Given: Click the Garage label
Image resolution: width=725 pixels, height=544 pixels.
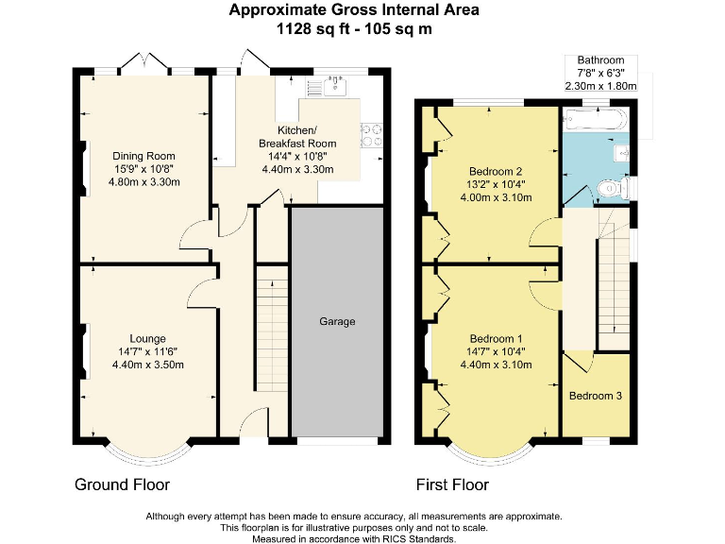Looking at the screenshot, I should tap(337, 322).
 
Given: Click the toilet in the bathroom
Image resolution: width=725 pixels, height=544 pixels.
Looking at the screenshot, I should tap(613, 190).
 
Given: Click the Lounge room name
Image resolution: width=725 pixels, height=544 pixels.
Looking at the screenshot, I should tap(148, 338).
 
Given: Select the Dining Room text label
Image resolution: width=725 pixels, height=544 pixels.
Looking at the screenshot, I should tap(143, 156).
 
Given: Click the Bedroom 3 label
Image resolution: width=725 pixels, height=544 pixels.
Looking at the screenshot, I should tap(595, 396).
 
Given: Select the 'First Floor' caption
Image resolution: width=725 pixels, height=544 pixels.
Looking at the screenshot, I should tap(452, 485).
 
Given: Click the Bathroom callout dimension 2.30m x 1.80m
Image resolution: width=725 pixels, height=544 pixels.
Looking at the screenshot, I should tap(600, 86).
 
